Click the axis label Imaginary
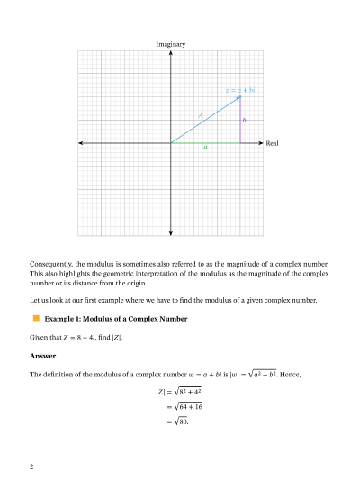tap(171, 43)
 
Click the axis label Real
tap(273, 143)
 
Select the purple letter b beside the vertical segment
tap(244, 120)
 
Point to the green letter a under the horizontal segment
tap(205, 148)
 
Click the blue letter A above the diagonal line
tap(200, 115)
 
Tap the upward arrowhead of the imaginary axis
tap(171, 52)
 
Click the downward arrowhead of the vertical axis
tap(171, 231)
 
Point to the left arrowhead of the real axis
tap(81, 143)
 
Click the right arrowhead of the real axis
tap(261, 143)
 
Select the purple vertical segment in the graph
tap(240, 122)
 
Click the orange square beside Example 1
tap(37, 319)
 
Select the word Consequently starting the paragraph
tap(51, 264)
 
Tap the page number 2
tap(32, 466)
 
